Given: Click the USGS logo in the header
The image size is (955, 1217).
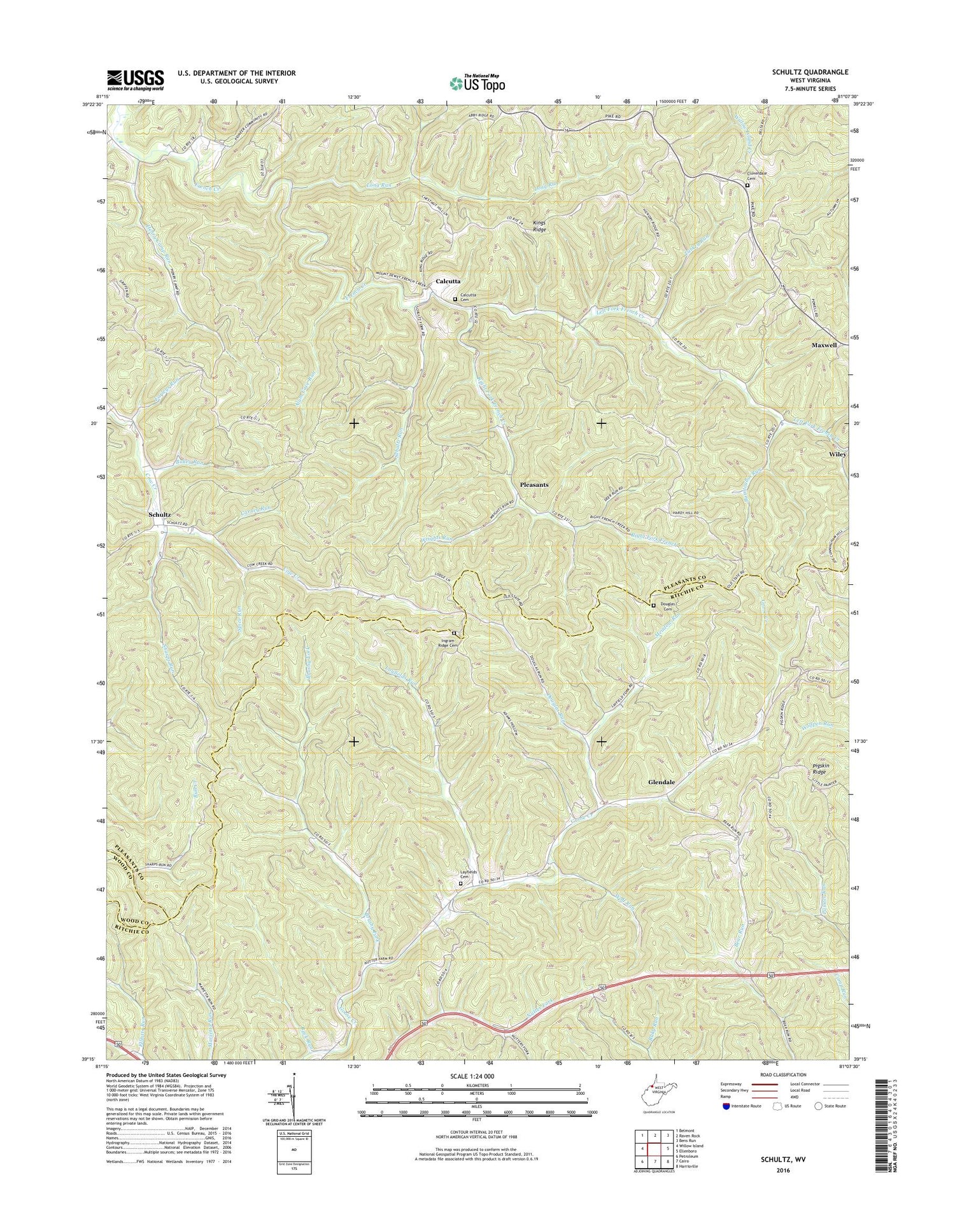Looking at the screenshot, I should (135, 80).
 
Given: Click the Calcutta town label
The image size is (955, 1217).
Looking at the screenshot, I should (448, 281).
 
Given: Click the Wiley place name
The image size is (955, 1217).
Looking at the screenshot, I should (837, 454).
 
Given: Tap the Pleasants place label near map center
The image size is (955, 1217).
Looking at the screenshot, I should (534, 484).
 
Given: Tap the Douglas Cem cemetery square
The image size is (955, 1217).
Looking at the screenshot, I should (653, 605).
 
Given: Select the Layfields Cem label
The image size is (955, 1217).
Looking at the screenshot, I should (461, 875).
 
